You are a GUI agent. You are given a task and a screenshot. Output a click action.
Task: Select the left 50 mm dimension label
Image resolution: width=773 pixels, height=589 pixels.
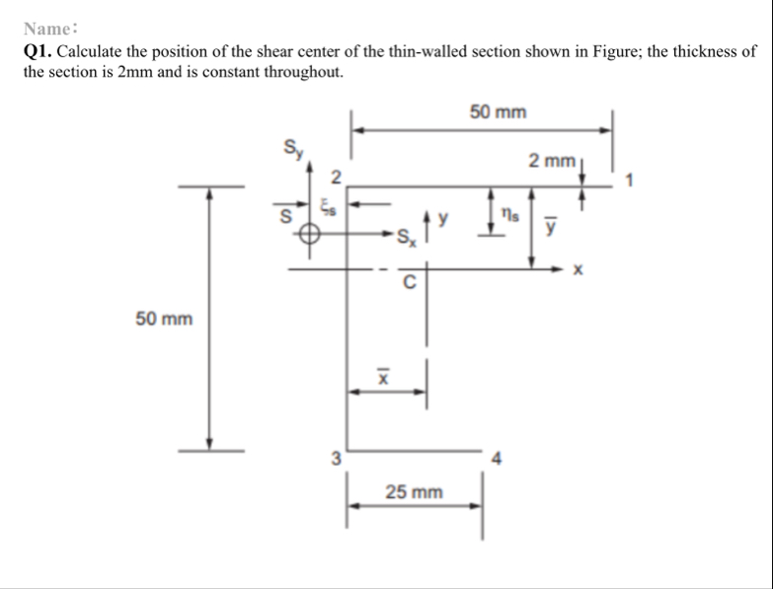tap(164, 319)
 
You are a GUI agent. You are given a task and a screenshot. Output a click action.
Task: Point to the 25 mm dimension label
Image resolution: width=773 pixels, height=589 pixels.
tap(414, 490)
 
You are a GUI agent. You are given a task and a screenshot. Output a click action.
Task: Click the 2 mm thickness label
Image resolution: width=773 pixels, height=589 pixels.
tap(550, 160)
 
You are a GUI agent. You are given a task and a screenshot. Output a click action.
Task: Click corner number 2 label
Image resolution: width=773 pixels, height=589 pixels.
tap(336, 178)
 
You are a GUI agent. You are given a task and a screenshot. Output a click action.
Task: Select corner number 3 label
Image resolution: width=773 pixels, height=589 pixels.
tap(336, 458)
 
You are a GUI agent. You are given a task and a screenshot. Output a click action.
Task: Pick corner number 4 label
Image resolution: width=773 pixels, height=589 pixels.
tap(498, 458)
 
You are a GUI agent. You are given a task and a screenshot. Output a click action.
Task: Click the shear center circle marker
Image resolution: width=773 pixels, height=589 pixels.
tap(310, 234)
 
